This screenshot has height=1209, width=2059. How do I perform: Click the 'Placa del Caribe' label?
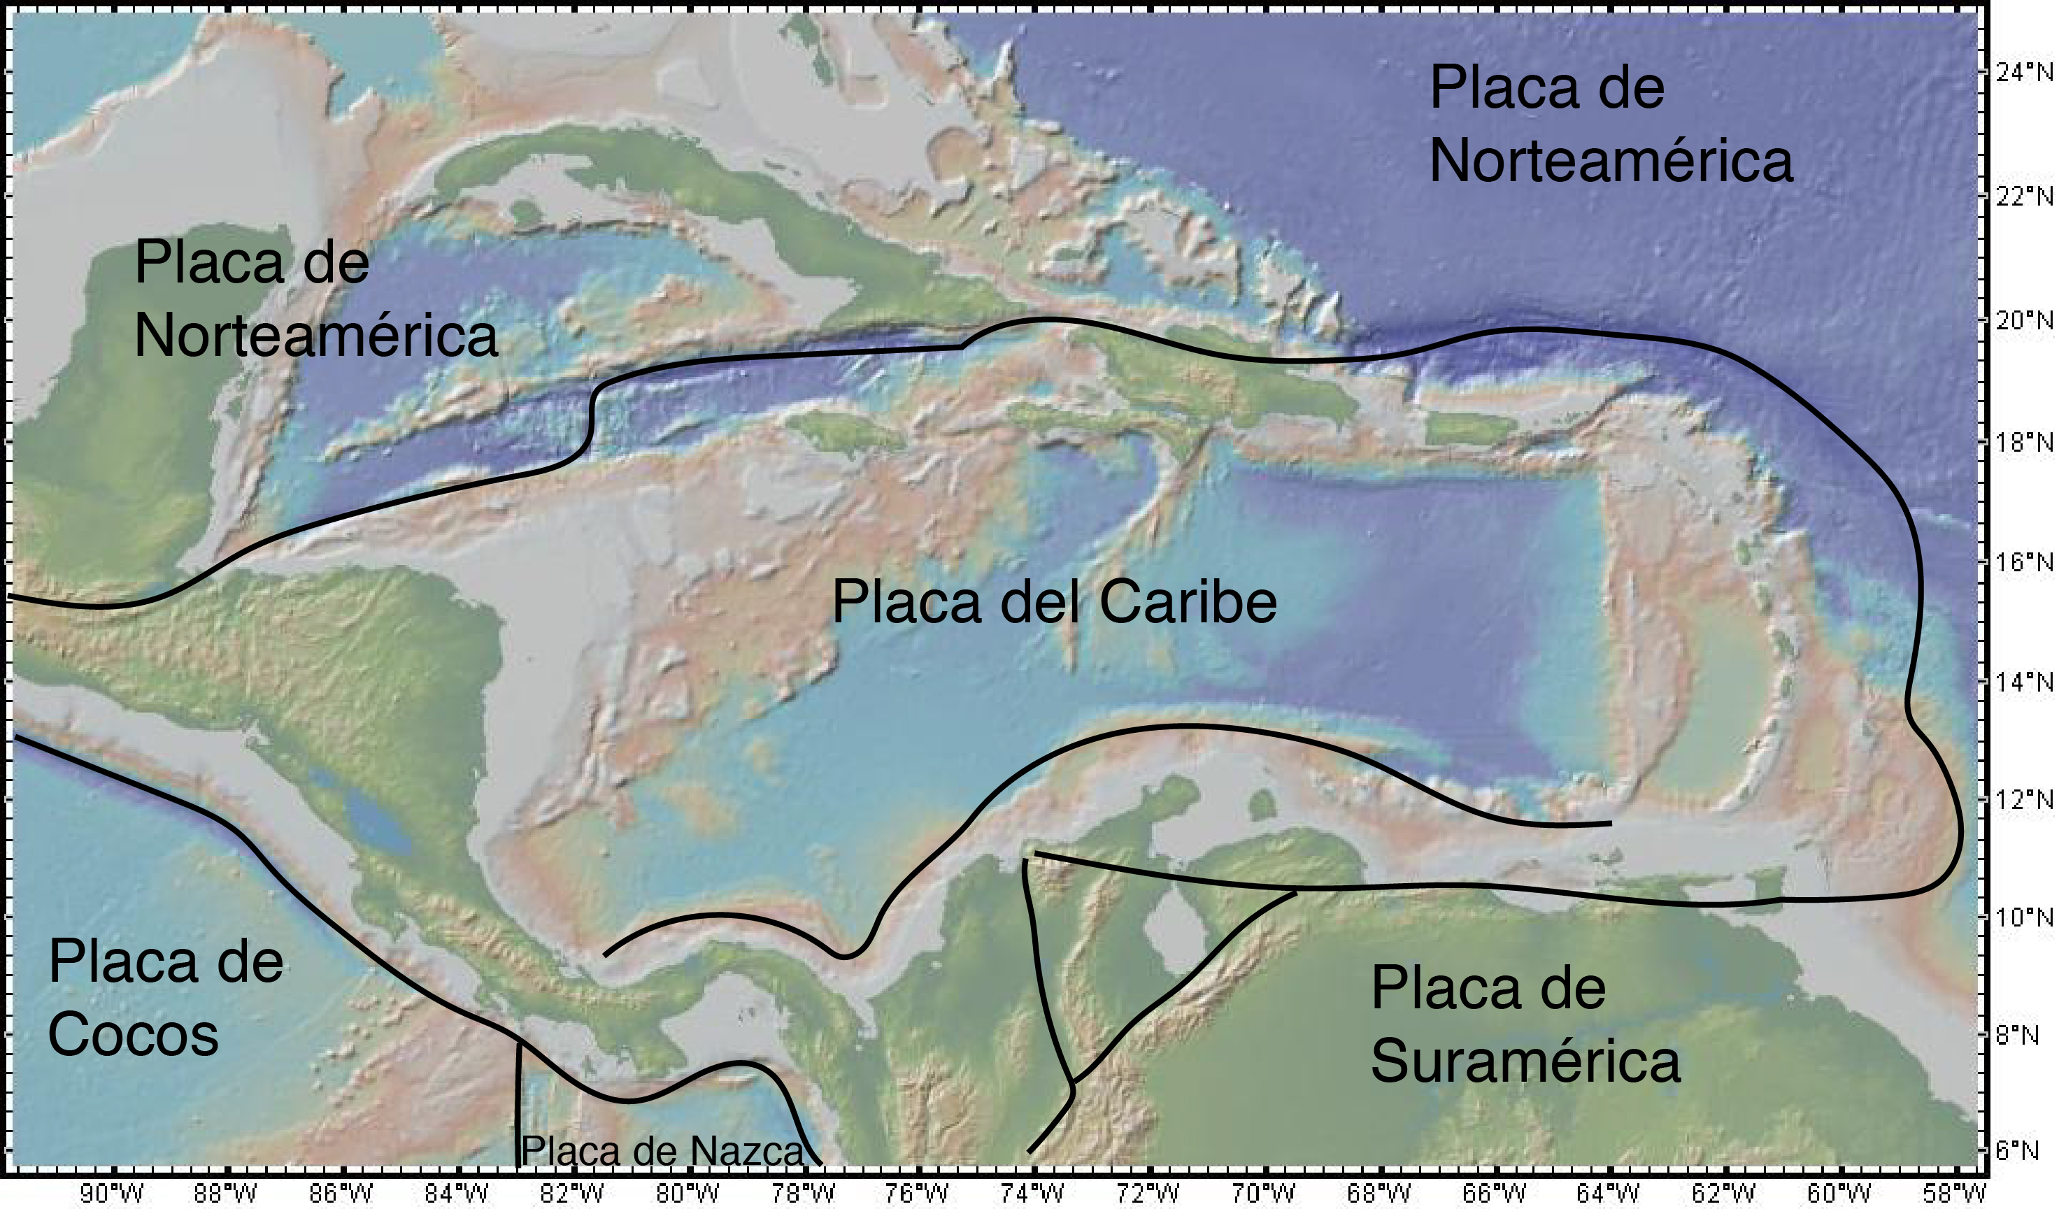1054,602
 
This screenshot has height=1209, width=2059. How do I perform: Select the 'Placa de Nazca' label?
662,1151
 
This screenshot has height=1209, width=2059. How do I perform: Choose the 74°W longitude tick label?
1033,1194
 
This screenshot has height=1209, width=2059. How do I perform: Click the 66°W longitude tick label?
1494,1194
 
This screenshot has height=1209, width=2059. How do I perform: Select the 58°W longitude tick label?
1953,1194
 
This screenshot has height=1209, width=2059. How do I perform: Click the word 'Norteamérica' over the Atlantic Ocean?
1611,160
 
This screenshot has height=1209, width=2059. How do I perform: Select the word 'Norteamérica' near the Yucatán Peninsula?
316,335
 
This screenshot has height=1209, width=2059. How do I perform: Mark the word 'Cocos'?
133,1033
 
